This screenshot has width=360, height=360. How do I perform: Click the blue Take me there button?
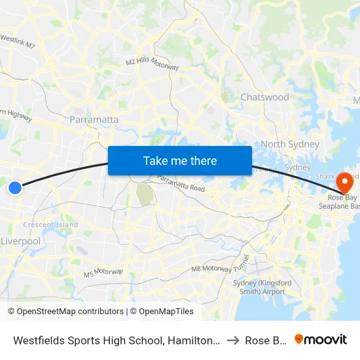pyautogui.click(x=180, y=160)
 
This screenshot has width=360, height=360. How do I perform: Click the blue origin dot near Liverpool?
pyautogui.click(x=15, y=188)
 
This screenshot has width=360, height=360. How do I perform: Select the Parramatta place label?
pyautogui.click(x=94, y=120)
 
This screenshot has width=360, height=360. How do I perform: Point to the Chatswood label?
pyautogui.click(x=264, y=97)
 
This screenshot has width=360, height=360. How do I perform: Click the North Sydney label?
pyautogui.click(x=290, y=144)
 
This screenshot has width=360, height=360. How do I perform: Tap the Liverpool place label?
pyautogui.click(x=21, y=241)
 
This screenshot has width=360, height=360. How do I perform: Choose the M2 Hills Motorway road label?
pyautogui.click(x=153, y=63)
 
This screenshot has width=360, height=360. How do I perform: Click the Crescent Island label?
pyautogui.click(x=50, y=225)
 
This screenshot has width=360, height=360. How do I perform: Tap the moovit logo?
pyautogui.click(x=321, y=339)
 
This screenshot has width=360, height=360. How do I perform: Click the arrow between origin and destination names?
pyautogui.click(x=232, y=340)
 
